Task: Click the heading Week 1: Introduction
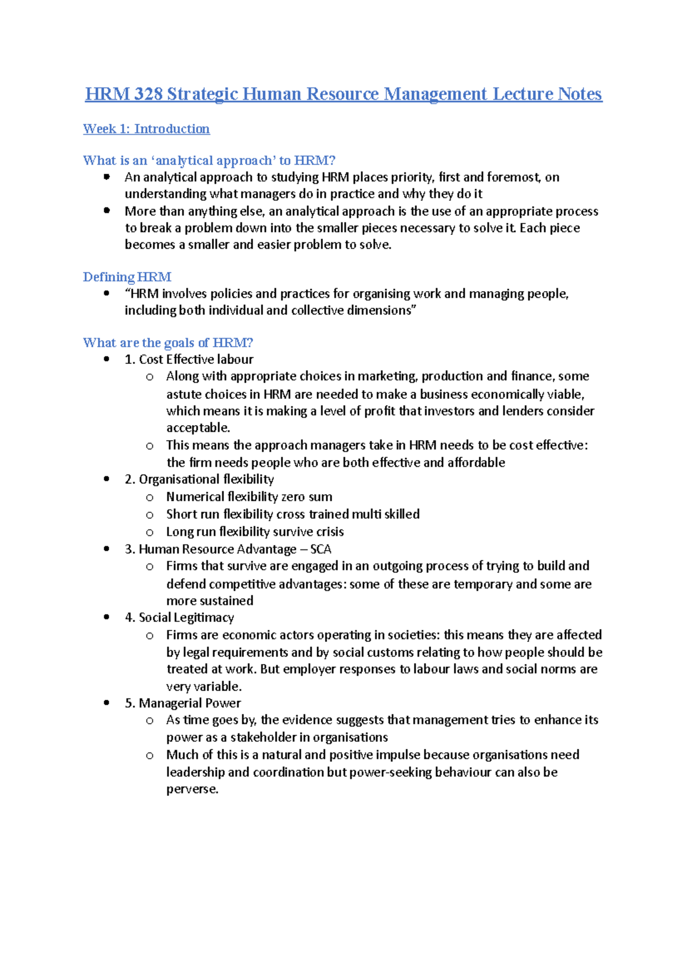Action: [147, 129]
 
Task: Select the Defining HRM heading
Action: [127, 277]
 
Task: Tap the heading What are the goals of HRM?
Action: [168, 343]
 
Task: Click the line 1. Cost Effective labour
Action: [189, 359]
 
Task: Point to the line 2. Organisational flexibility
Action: [199, 479]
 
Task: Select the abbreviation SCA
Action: [321, 549]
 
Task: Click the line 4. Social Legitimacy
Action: [179, 617]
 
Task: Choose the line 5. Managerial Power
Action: [183, 703]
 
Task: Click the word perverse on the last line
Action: [191, 789]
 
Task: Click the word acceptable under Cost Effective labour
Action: [198, 427]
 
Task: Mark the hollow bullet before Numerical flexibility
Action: [149, 497]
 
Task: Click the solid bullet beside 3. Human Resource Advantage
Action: [106, 549]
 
